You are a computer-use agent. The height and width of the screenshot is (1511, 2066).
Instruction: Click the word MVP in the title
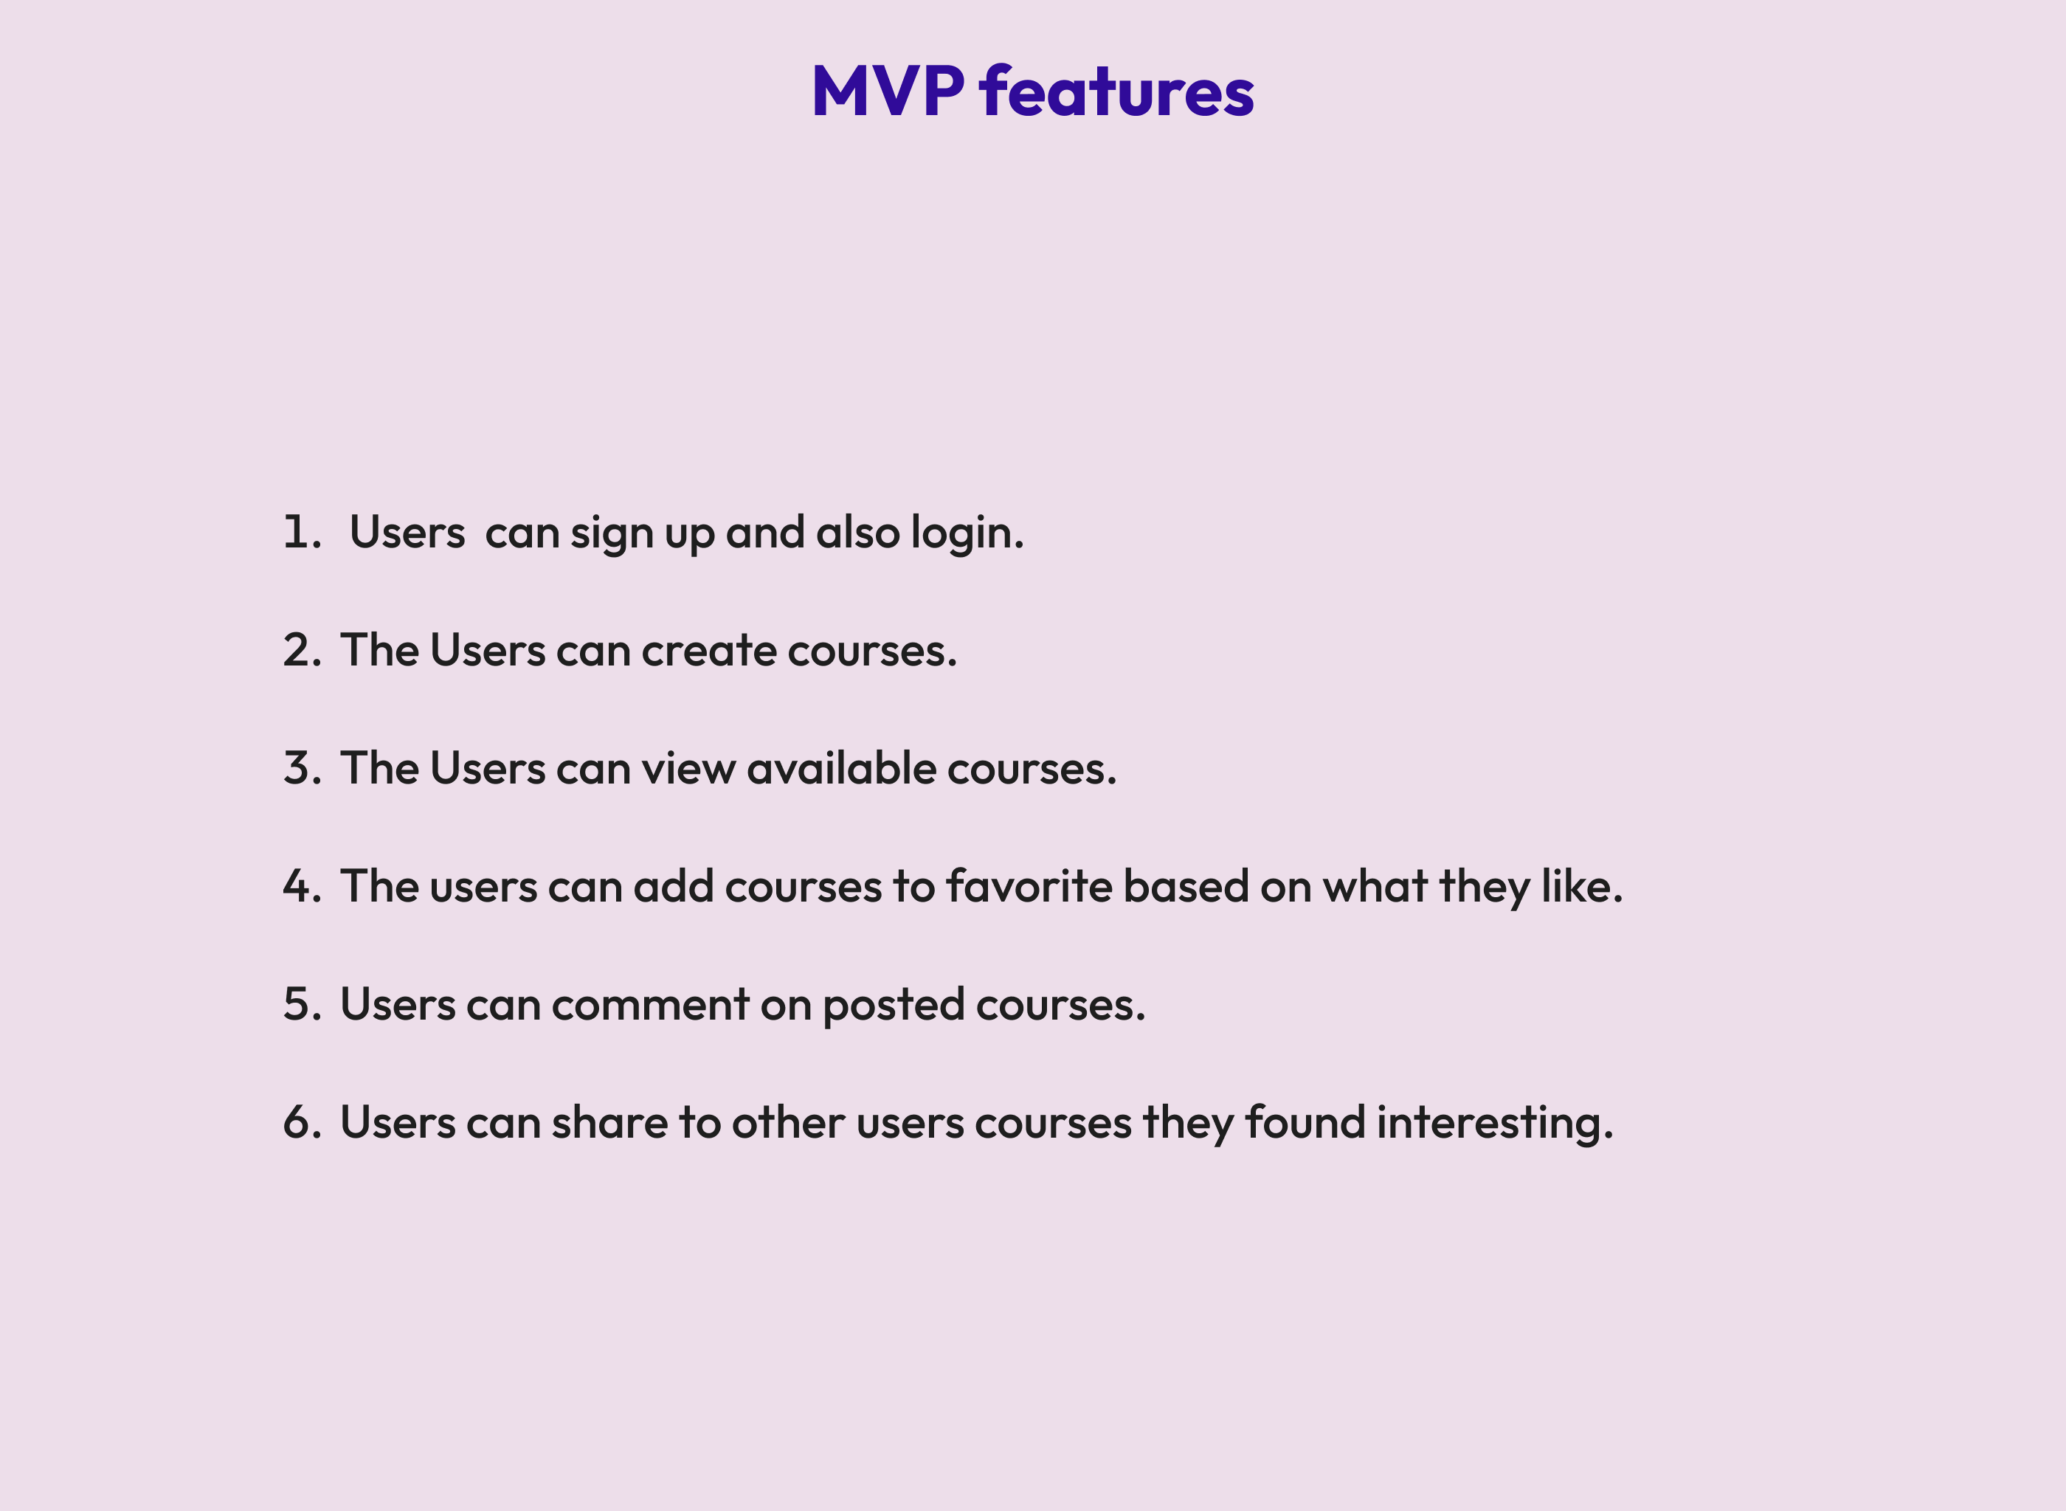tap(886, 91)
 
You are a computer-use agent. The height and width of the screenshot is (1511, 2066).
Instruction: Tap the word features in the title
tap(1116, 91)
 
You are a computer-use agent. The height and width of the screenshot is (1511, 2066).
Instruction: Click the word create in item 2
tap(709, 650)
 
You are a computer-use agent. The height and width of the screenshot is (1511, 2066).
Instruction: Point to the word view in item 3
tap(688, 768)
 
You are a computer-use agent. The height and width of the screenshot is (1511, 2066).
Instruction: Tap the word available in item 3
tap(840, 768)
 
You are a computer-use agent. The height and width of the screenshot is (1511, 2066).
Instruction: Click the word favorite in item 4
tap(1028, 886)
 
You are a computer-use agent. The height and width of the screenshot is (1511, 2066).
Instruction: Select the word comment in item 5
tap(650, 1004)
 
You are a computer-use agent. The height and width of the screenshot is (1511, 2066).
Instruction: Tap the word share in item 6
tap(609, 1122)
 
